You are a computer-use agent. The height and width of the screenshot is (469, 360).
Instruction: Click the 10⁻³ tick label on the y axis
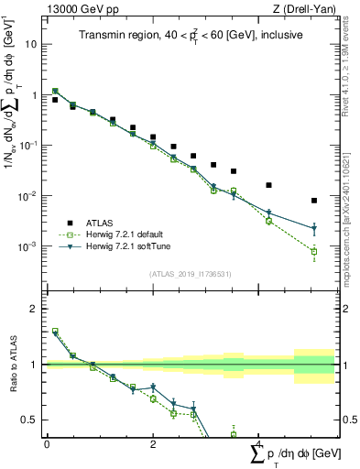[29, 246]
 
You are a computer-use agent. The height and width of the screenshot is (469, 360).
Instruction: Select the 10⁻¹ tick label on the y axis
[29, 146]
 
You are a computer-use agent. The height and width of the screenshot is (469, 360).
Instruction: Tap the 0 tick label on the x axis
[47, 444]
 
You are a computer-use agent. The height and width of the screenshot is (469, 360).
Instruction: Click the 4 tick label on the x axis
[259, 444]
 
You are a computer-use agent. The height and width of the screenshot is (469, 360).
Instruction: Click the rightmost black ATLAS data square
[313, 200]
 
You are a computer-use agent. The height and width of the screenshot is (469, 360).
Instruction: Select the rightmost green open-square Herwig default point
[313, 251]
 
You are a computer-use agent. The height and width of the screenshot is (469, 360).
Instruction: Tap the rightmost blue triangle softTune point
[313, 229]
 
